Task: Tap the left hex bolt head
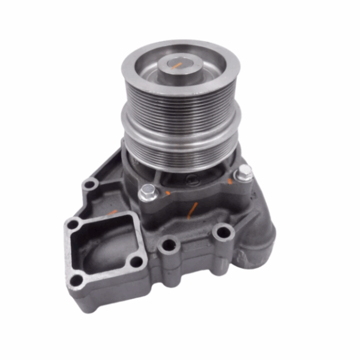pos(148,191)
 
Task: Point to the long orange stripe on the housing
pos(192,210)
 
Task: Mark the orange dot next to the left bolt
pos(167,193)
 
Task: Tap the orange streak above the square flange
pos(112,211)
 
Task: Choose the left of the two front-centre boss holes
pos(170,245)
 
